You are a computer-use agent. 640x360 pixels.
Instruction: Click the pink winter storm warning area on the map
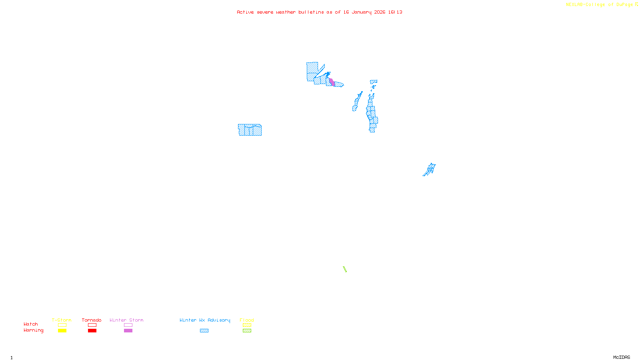point(332,82)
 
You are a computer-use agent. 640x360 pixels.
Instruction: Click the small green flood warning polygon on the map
point(345,269)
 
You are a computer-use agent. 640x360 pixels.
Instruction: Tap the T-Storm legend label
point(62,320)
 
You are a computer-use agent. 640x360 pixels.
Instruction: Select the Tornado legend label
point(92,320)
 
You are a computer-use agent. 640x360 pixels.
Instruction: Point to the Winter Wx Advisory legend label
point(205,320)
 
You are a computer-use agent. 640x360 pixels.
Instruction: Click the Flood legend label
point(247,320)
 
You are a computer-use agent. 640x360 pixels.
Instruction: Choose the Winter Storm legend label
point(126,320)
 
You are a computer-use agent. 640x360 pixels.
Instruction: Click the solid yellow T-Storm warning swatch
point(62,331)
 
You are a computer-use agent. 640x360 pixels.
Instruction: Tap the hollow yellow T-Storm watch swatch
point(62,325)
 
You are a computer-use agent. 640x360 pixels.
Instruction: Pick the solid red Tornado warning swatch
point(92,331)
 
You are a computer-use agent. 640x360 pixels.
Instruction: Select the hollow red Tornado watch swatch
point(92,325)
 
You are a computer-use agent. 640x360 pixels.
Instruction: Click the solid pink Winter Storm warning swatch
point(128,331)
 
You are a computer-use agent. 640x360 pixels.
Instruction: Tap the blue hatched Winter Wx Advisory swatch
point(204,331)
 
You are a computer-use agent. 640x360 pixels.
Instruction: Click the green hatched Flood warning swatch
point(247,331)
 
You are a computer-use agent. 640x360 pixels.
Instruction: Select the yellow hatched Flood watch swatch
point(247,325)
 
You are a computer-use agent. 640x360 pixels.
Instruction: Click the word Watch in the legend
point(31,324)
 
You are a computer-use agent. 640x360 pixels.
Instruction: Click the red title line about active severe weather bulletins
point(320,12)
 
